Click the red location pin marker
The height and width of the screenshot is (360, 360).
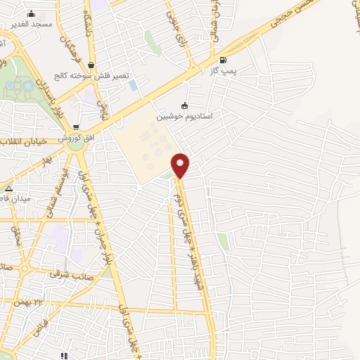(x=181, y=165)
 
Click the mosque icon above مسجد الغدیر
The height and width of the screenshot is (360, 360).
(x=31, y=13)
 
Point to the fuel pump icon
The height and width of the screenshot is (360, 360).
(x=223, y=60)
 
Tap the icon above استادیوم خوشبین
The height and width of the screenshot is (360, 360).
(x=185, y=105)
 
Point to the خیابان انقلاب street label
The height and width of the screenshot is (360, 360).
(x=24, y=141)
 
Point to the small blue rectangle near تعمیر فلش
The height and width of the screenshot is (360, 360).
(x=132, y=85)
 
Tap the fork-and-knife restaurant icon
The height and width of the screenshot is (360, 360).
(x=64, y=356)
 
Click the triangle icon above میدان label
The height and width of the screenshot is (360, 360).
(x=8, y=189)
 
